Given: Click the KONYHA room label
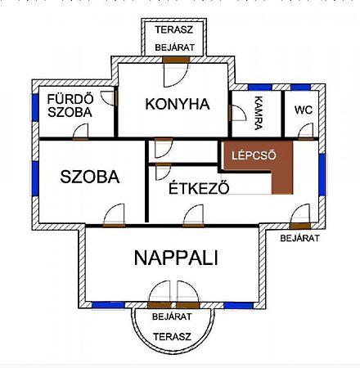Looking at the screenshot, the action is [x=178, y=104].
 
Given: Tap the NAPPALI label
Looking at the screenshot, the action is [x=176, y=258].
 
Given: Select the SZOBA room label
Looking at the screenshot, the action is [x=90, y=177].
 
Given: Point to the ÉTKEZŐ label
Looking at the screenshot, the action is [x=199, y=187].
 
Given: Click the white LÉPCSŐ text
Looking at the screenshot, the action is [x=254, y=155].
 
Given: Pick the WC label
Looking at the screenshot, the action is [x=304, y=110].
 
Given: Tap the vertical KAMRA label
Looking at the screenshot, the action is [x=258, y=113].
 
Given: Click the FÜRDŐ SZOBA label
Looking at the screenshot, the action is [x=70, y=105].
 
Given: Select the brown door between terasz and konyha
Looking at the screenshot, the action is [x=176, y=60].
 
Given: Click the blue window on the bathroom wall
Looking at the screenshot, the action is [x=35, y=107].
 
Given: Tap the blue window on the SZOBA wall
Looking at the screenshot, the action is [x=35, y=178].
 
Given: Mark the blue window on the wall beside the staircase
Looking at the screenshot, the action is [x=322, y=174].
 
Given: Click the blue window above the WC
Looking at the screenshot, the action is [x=300, y=88].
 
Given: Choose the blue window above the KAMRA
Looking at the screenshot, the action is [x=260, y=88].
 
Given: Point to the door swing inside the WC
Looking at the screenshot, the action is [x=306, y=131].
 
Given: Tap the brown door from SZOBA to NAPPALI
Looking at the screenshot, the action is [x=114, y=226].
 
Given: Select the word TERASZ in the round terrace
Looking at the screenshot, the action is [x=172, y=337].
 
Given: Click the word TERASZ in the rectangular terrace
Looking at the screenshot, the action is [x=174, y=29].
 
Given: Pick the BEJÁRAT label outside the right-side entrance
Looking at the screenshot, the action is [x=299, y=238].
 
